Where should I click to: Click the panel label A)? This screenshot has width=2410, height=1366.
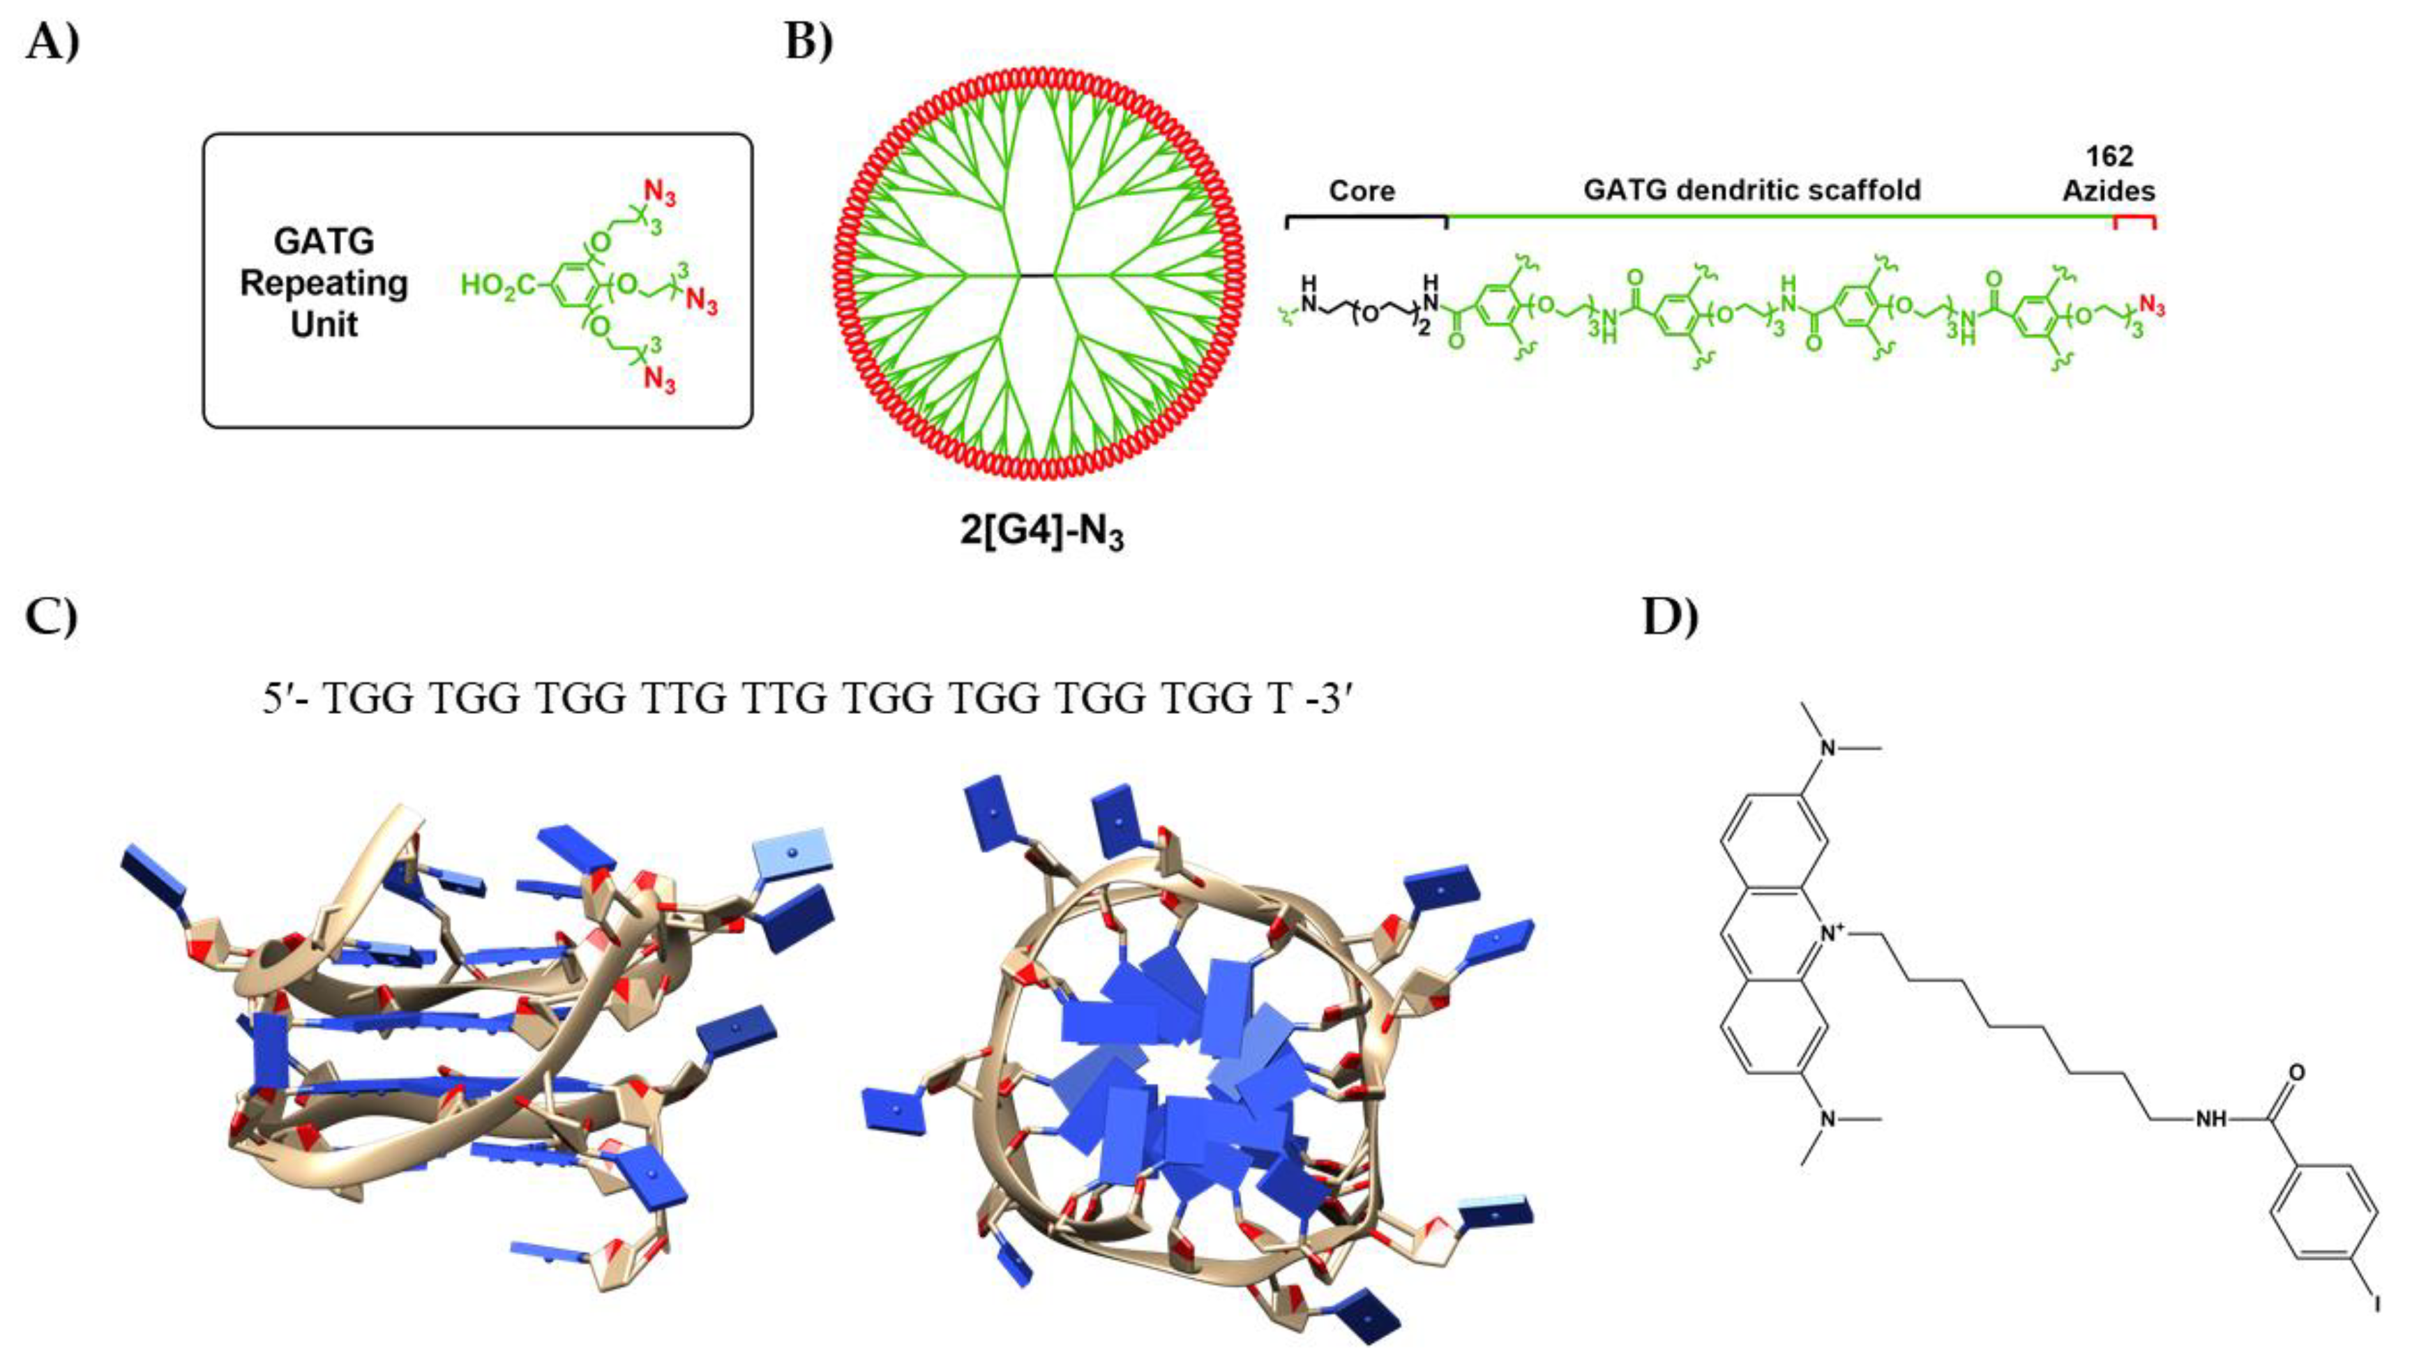coord(52,43)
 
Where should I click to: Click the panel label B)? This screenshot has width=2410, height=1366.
coord(808,43)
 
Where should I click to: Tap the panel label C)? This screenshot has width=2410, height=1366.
coord(52,616)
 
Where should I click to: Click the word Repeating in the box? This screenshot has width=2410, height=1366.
coord(324,282)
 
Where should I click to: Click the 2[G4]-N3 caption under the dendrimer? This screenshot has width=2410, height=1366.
coord(1041,533)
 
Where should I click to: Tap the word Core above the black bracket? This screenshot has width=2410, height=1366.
coord(1362,190)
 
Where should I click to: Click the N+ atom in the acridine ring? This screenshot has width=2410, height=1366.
coord(1831,958)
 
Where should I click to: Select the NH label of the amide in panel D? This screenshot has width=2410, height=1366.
coord(2210,1120)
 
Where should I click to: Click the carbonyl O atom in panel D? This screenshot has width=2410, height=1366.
coord(2296,1072)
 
